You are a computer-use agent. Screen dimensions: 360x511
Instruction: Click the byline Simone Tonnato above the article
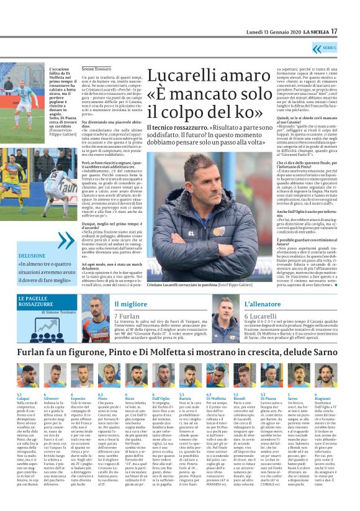[96, 68]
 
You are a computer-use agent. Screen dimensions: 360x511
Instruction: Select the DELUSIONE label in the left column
[32, 255]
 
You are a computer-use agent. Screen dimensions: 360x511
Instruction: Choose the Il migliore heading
[127, 304]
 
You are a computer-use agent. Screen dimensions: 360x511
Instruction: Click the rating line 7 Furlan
[127, 317]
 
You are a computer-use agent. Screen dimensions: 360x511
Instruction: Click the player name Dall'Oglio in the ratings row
[161, 398]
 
